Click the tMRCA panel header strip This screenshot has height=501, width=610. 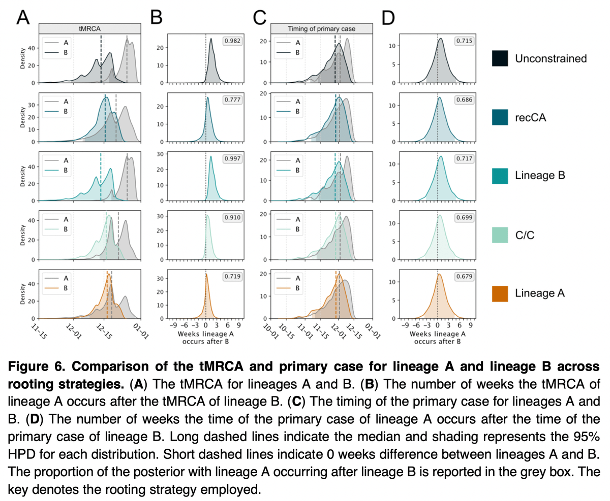coord(89,28)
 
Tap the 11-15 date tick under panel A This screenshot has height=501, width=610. coord(38,332)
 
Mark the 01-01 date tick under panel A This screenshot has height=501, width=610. coord(139,332)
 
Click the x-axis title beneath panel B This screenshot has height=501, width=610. coord(206,339)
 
